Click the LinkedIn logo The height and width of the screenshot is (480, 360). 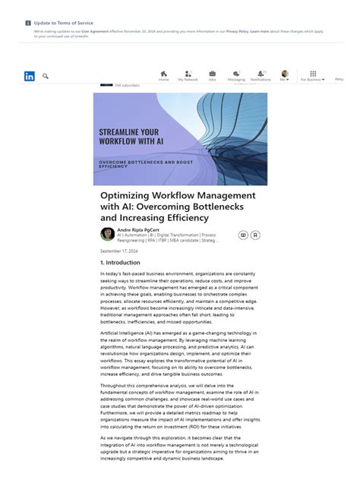30,76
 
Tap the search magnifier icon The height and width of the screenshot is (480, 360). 46,76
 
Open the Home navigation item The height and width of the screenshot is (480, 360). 163,74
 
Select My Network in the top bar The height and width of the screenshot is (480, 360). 188,74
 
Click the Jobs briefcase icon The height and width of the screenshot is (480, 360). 212,74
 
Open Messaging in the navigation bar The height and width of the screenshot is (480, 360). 236,74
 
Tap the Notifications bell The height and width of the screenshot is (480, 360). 261,74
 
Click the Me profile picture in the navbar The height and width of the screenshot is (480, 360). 285,74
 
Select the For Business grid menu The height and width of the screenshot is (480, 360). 312,74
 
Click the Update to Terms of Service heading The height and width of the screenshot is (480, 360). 64,24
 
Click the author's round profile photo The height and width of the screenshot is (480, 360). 108,234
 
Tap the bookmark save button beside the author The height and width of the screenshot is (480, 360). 255,235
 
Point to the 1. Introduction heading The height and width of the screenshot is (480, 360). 120,262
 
